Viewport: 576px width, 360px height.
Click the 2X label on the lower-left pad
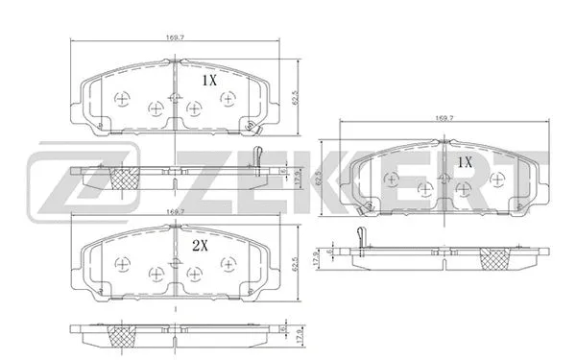(x=201, y=246)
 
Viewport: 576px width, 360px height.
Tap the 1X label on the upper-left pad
(x=209, y=83)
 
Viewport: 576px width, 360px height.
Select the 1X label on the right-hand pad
(x=465, y=163)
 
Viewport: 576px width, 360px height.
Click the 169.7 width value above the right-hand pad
(x=444, y=120)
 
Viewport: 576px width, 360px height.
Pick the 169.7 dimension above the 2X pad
(x=174, y=211)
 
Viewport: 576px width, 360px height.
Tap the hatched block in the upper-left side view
(x=124, y=177)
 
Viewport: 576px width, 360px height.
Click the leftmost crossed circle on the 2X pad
(x=122, y=264)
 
